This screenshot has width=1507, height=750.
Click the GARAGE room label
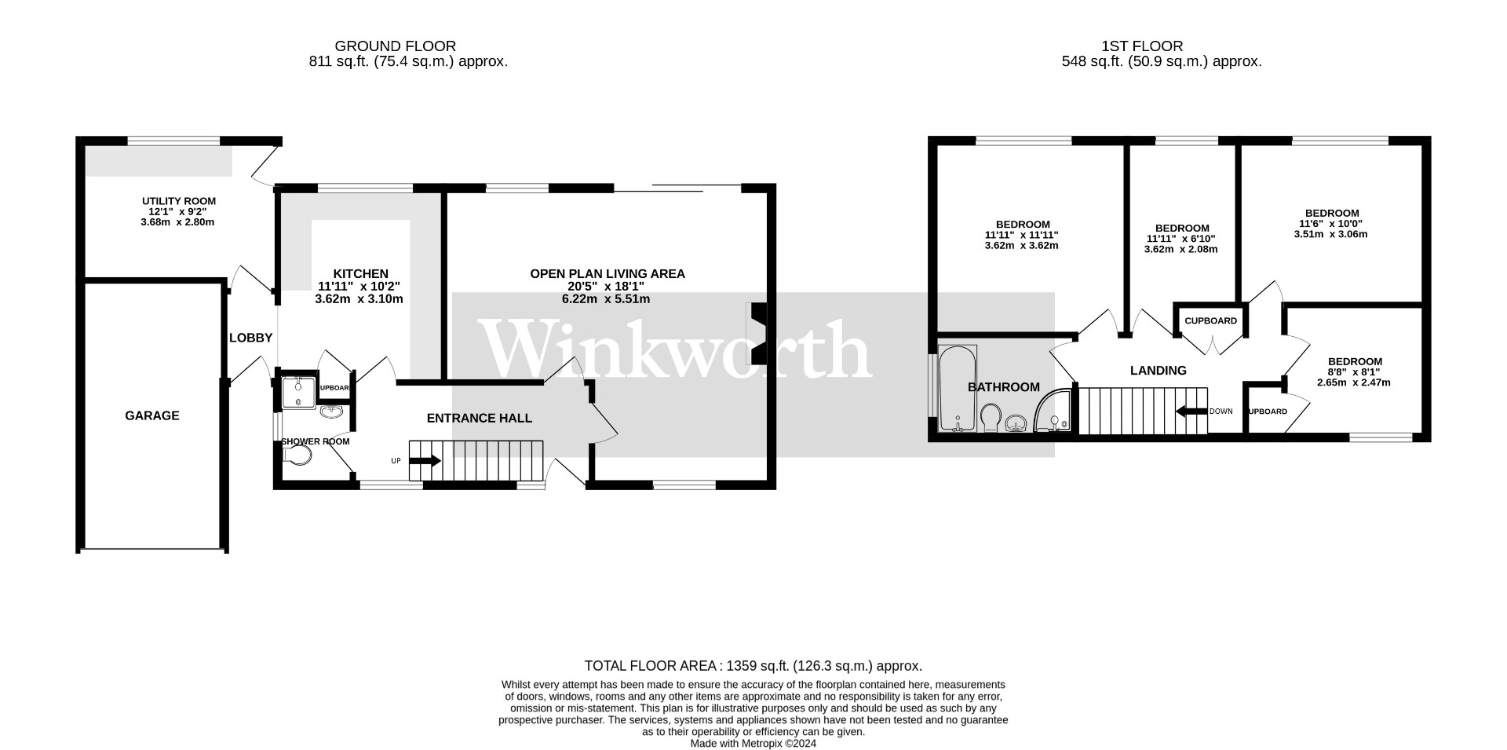point(152,415)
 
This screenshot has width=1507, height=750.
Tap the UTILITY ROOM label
point(179,201)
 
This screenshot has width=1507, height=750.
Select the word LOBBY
point(250,338)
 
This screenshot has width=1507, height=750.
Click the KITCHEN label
point(360,274)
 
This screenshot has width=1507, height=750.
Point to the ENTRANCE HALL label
point(479,418)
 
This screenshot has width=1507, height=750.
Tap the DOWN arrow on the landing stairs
point(1191,412)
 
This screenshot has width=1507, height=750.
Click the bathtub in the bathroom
point(958,389)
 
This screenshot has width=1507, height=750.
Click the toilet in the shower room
point(298,455)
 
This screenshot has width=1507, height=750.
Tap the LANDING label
point(1158,371)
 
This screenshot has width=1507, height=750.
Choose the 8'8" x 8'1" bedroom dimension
point(1354,372)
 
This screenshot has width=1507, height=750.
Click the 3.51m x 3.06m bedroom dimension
point(1330,234)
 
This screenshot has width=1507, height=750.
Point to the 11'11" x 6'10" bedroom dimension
point(1181,239)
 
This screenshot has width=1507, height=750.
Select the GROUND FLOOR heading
point(395,46)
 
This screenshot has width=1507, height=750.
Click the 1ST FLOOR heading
point(1143,46)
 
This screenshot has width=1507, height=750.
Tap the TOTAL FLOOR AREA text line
point(753,666)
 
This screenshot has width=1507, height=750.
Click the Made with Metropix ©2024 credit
point(753,743)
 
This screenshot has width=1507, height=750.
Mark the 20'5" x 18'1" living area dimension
point(607,287)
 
